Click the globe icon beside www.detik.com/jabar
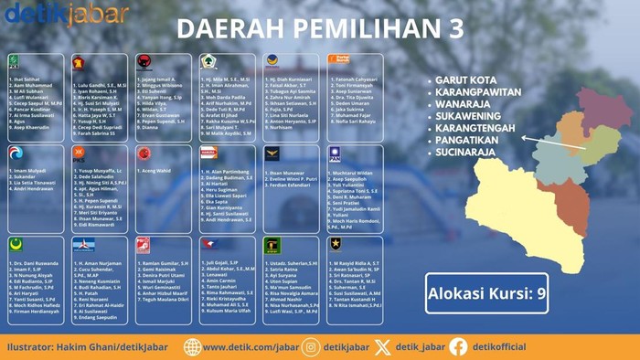(x=192, y=347)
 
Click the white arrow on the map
(x=552, y=142)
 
